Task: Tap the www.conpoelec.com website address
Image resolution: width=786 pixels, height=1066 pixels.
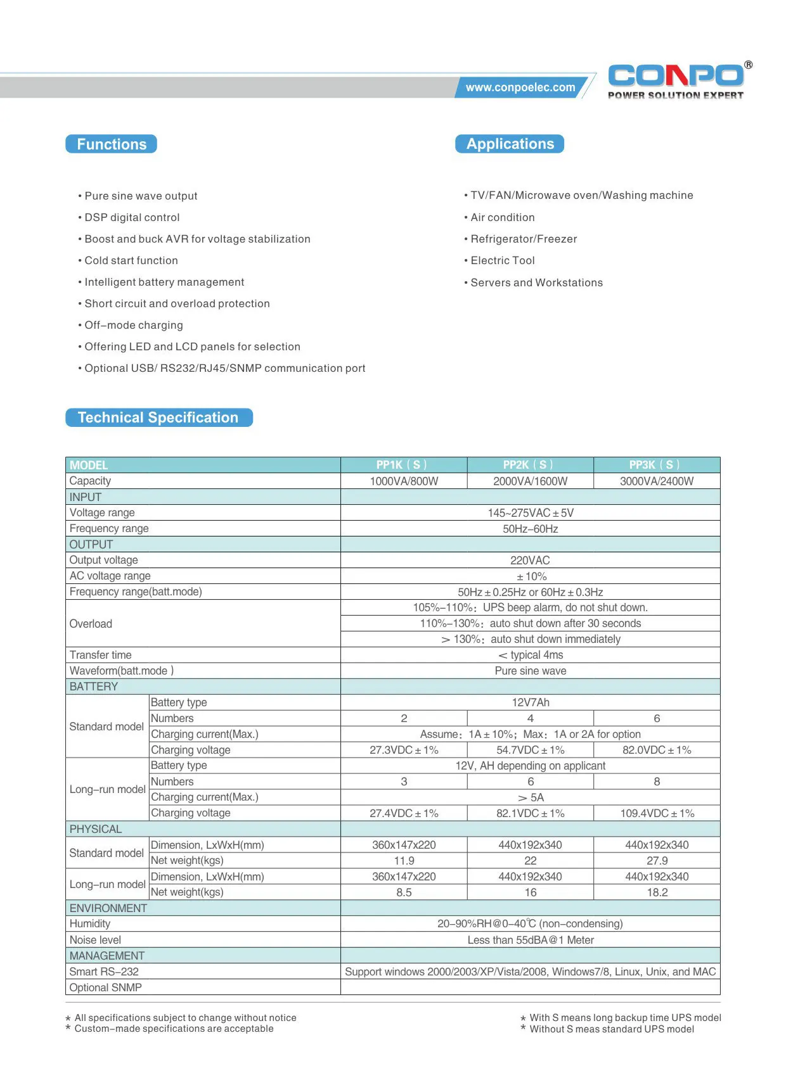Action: click(x=520, y=87)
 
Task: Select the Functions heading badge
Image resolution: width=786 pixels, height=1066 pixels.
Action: click(x=112, y=144)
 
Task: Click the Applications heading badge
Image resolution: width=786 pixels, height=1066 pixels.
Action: click(x=510, y=144)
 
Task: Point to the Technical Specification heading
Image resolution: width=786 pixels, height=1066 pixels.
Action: click(x=158, y=417)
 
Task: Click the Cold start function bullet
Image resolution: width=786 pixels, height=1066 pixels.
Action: click(x=131, y=260)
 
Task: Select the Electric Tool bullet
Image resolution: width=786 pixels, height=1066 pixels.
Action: click(x=502, y=260)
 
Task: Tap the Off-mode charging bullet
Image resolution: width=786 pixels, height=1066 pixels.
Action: click(x=134, y=325)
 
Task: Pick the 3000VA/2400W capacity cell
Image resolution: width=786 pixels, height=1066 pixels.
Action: click(x=657, y=481)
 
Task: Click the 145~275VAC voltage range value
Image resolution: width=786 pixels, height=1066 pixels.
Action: click(x=530, y=513)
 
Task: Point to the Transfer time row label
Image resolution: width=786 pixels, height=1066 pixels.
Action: click(x=101, y=655)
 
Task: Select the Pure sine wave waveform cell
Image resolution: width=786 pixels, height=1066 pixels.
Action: click(x=530, y=671)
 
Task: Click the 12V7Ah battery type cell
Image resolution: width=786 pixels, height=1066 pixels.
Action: click(x=530, y=702)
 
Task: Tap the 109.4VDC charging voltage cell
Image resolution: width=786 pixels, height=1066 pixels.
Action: click(x=657, y=813)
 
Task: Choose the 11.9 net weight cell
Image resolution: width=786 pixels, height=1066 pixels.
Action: click(x=404, y=861)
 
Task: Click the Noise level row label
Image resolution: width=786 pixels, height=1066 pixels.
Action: click(x=95, y=940)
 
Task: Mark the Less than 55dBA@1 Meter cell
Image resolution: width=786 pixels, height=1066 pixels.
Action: click(x=530, y=940)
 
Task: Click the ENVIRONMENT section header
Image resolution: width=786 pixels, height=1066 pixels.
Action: click(x=108, y=908)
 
